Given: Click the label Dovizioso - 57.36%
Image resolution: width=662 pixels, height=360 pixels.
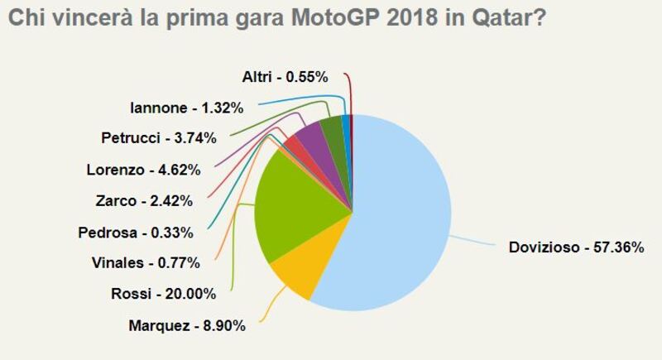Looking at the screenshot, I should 576,247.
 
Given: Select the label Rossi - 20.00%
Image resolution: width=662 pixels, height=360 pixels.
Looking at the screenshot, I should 163,294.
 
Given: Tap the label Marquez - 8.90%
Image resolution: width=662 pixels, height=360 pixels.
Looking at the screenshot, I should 187,326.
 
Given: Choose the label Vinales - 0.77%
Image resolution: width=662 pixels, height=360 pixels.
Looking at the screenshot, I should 146,263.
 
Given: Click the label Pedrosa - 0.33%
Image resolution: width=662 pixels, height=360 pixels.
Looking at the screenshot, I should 146,232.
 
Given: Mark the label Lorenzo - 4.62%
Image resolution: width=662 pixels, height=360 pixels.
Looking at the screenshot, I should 143,170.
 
